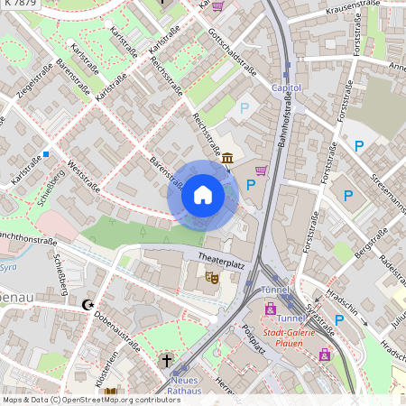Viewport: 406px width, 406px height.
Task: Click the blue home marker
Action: pos(203,194)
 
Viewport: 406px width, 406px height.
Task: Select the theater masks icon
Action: pos(212,278)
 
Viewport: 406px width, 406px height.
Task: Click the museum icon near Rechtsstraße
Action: pos(226,159)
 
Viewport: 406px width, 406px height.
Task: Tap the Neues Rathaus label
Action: pos(184,385)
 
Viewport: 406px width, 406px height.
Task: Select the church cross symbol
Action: pos(166,361)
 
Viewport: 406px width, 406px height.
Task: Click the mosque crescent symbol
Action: pos(88,306)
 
